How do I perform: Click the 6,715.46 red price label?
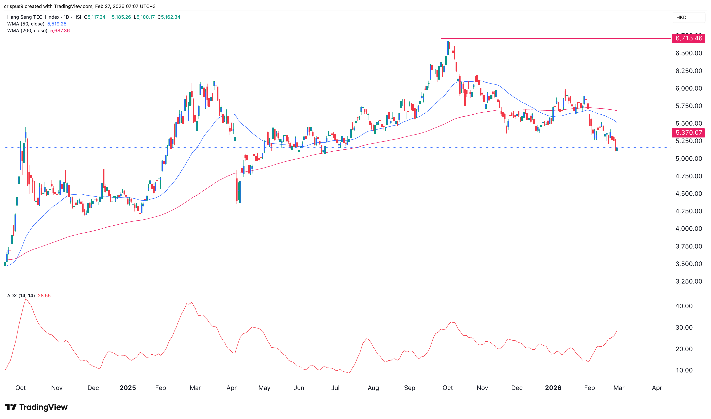tap(688, 38)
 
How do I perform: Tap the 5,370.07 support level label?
tap(688, 133)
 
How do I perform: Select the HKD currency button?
tap(681, 18)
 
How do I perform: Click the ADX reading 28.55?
tap(44, 296)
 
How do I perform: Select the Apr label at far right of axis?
tap(657, 388)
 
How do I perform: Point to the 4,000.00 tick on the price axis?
tap(688, 229)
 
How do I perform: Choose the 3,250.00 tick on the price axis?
tap(688, 282)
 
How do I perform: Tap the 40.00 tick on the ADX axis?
tap(684, 306)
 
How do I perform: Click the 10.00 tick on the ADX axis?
tap(684, 370)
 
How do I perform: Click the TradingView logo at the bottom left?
tap(36, 407)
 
